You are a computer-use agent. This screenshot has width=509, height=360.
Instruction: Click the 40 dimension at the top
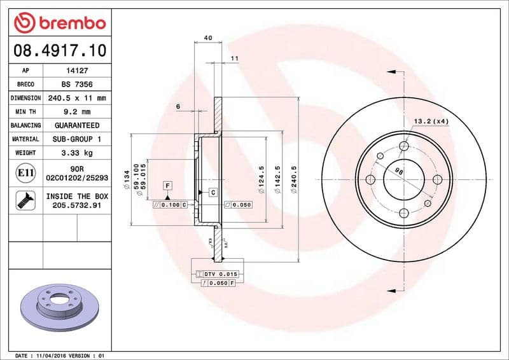(x=208, y=38)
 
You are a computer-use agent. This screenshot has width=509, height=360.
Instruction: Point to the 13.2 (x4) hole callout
(x=431, y=121)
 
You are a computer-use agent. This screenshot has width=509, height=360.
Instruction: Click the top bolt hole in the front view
(x=403, y=147)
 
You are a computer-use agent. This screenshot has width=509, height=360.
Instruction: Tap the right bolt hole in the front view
(x=437, y=180)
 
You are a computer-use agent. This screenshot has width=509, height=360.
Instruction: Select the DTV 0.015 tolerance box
(x=216, y=273)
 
